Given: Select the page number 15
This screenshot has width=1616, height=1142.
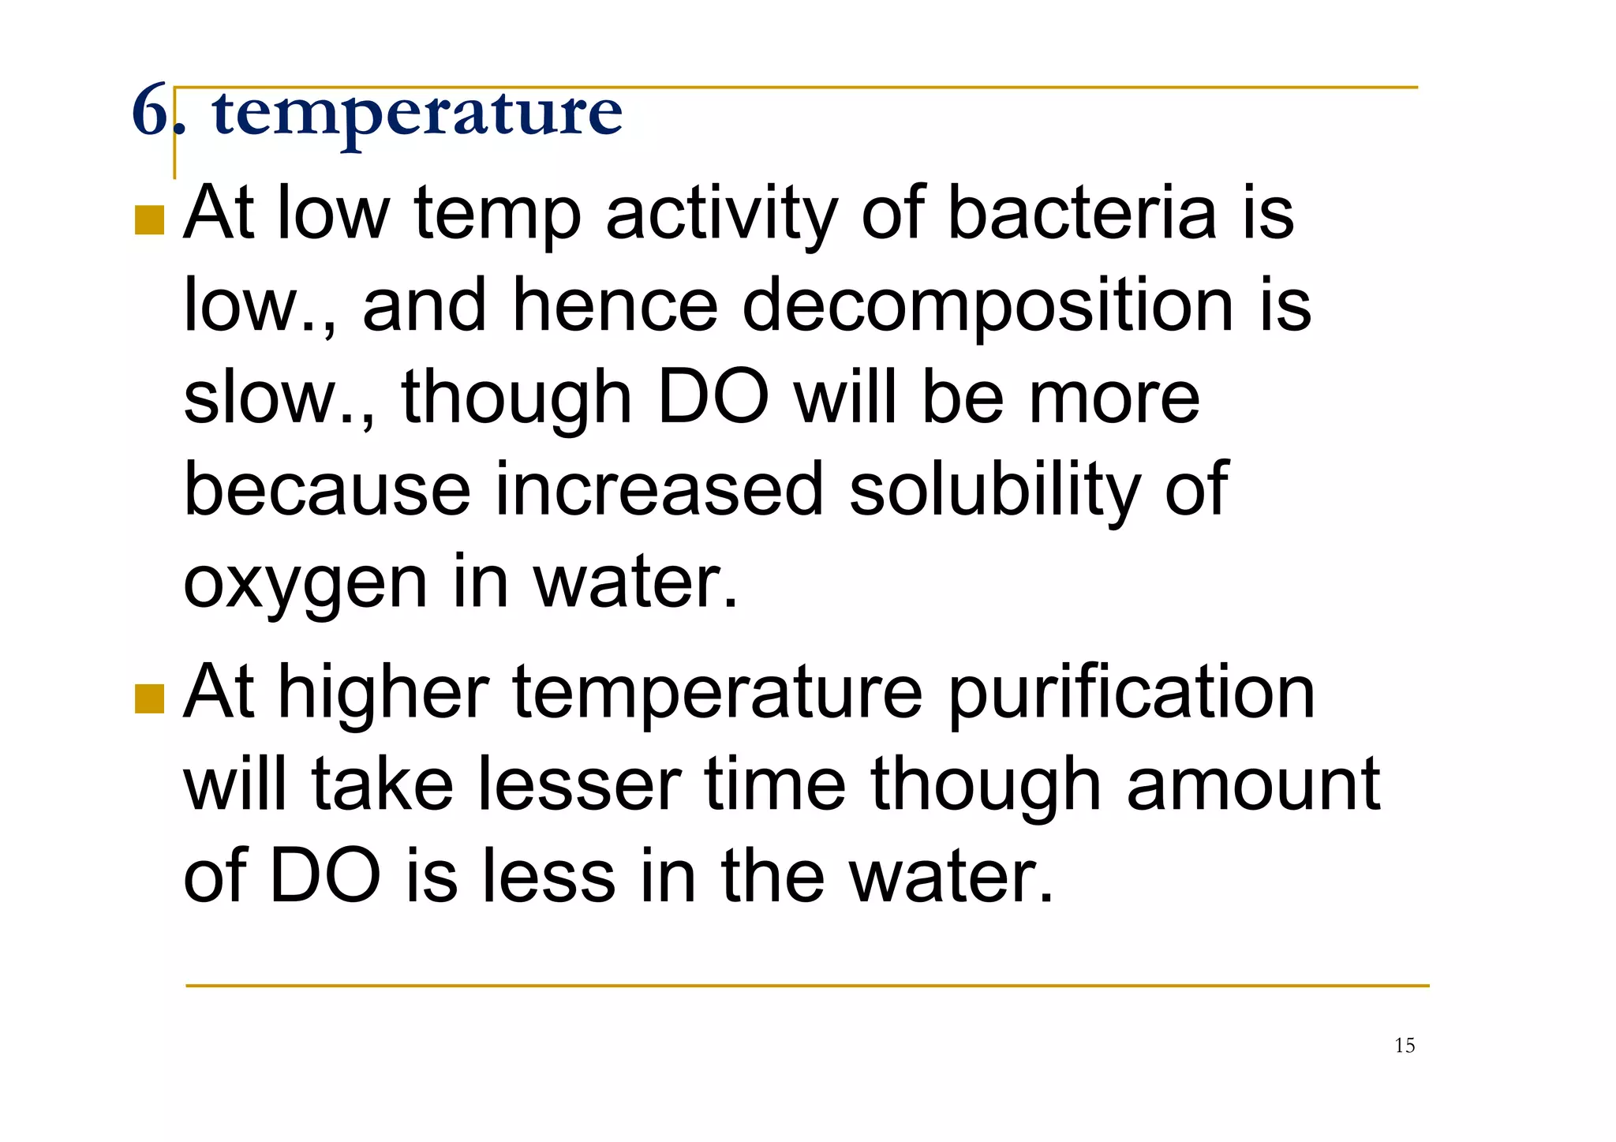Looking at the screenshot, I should click(x=1405, y=1046).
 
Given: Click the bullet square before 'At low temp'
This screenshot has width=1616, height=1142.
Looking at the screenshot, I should click(x=149, y=220).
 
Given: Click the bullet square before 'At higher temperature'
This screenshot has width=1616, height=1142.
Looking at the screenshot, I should click(x=149, y=698).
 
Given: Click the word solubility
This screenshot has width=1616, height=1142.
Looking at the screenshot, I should click(x=994, y=489).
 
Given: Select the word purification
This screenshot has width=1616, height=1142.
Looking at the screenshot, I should click(x=1131, y=692).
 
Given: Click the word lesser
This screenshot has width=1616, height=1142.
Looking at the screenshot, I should click(x=580, y=784).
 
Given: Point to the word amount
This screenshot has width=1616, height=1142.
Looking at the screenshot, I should click(x=1253, y=784).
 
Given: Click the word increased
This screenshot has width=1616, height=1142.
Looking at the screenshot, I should click(x=660, y=489).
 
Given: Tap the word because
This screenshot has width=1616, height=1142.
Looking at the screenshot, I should click(x=327, y=489).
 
